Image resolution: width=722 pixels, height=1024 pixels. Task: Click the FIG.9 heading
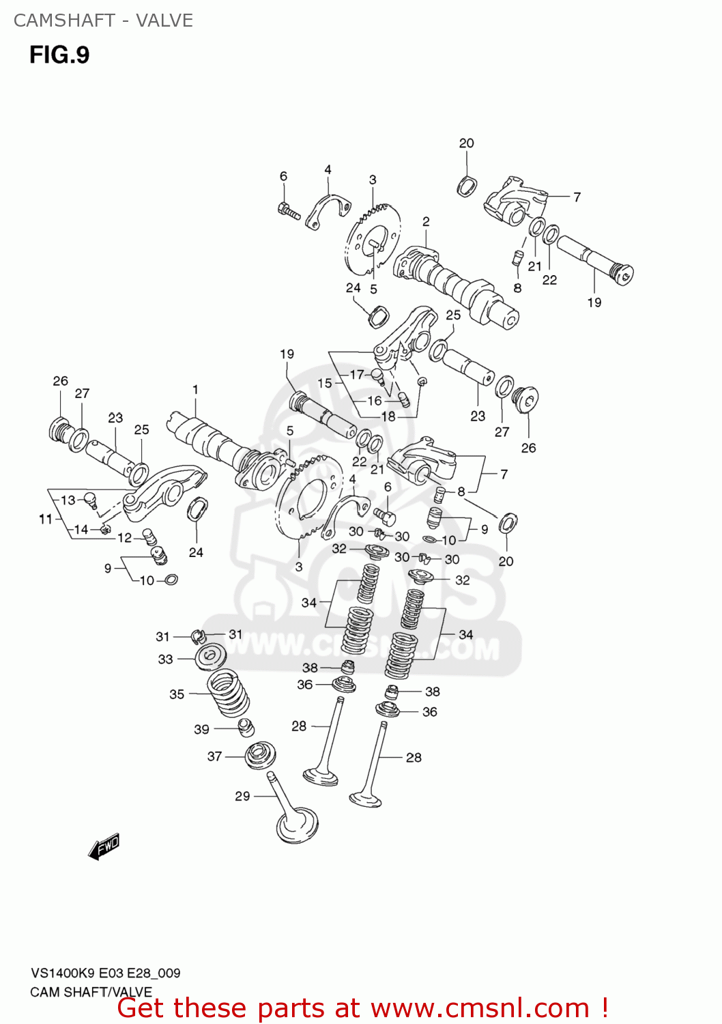pyautogui.click(x=59, y=55)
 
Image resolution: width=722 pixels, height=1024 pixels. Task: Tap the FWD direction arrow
pyautogui.click(x=104, y=847)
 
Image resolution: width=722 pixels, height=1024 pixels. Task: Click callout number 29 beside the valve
pyautogui.click(x=242, y=796)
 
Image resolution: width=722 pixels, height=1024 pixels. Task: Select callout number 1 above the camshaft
pyautogui.click(x=195, y=390)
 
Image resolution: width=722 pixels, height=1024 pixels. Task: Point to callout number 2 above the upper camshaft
pyautogui.click(x=426, y=222)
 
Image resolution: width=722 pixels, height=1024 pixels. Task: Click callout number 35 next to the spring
pyautogui.click(x=177, y=694)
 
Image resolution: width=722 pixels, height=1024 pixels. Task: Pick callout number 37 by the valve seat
pyautogui.click(x=214, y=756)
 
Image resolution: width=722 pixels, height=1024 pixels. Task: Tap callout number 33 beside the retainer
pyautogui.click(x=165, y=659)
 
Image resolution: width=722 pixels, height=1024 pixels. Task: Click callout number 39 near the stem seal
pyautogui.click(x=201, y=730)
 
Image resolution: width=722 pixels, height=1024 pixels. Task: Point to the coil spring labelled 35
pyautogui.click(x=229, y=693)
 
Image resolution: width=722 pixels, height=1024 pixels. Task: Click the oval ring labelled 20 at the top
pyautogui.click(x=467, y=186)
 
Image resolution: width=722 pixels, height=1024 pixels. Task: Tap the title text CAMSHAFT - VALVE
pyautogui.click(x=103, y=20)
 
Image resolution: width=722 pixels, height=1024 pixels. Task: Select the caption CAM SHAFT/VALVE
pyautogui.click(x=91, y=992)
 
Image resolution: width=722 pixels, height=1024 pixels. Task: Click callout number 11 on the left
pyautogui.click(x=45, y=520)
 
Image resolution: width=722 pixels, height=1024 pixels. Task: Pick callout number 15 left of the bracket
pyautogui.click(x=325, y=384)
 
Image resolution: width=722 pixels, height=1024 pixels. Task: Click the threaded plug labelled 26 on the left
pyautogui.click(x=59, y=429)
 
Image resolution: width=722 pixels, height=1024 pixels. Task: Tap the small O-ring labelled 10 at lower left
pyautogui.click(x=171, y=580)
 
